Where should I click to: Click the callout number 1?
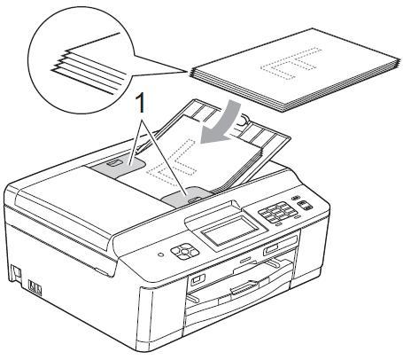tap(141, 102)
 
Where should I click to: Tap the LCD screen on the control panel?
tap(229, 231)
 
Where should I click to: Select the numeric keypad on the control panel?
tap(277, 212)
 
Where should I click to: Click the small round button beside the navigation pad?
tap(160, 254)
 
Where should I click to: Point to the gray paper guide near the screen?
tap(186, 197)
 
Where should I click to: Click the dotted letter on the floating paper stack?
tap(291, 63)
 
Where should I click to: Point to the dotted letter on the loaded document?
tap(172, 161)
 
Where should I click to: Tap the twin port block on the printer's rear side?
tap(35, 287)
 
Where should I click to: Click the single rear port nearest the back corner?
tap(15, 272)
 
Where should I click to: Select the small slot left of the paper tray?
tap(198, 279)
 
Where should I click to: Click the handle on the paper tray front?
tap(245, 287)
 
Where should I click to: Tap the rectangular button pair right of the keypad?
tap(304, 205)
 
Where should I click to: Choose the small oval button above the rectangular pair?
tap(295, 198)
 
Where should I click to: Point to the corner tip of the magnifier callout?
tap(187, 71)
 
